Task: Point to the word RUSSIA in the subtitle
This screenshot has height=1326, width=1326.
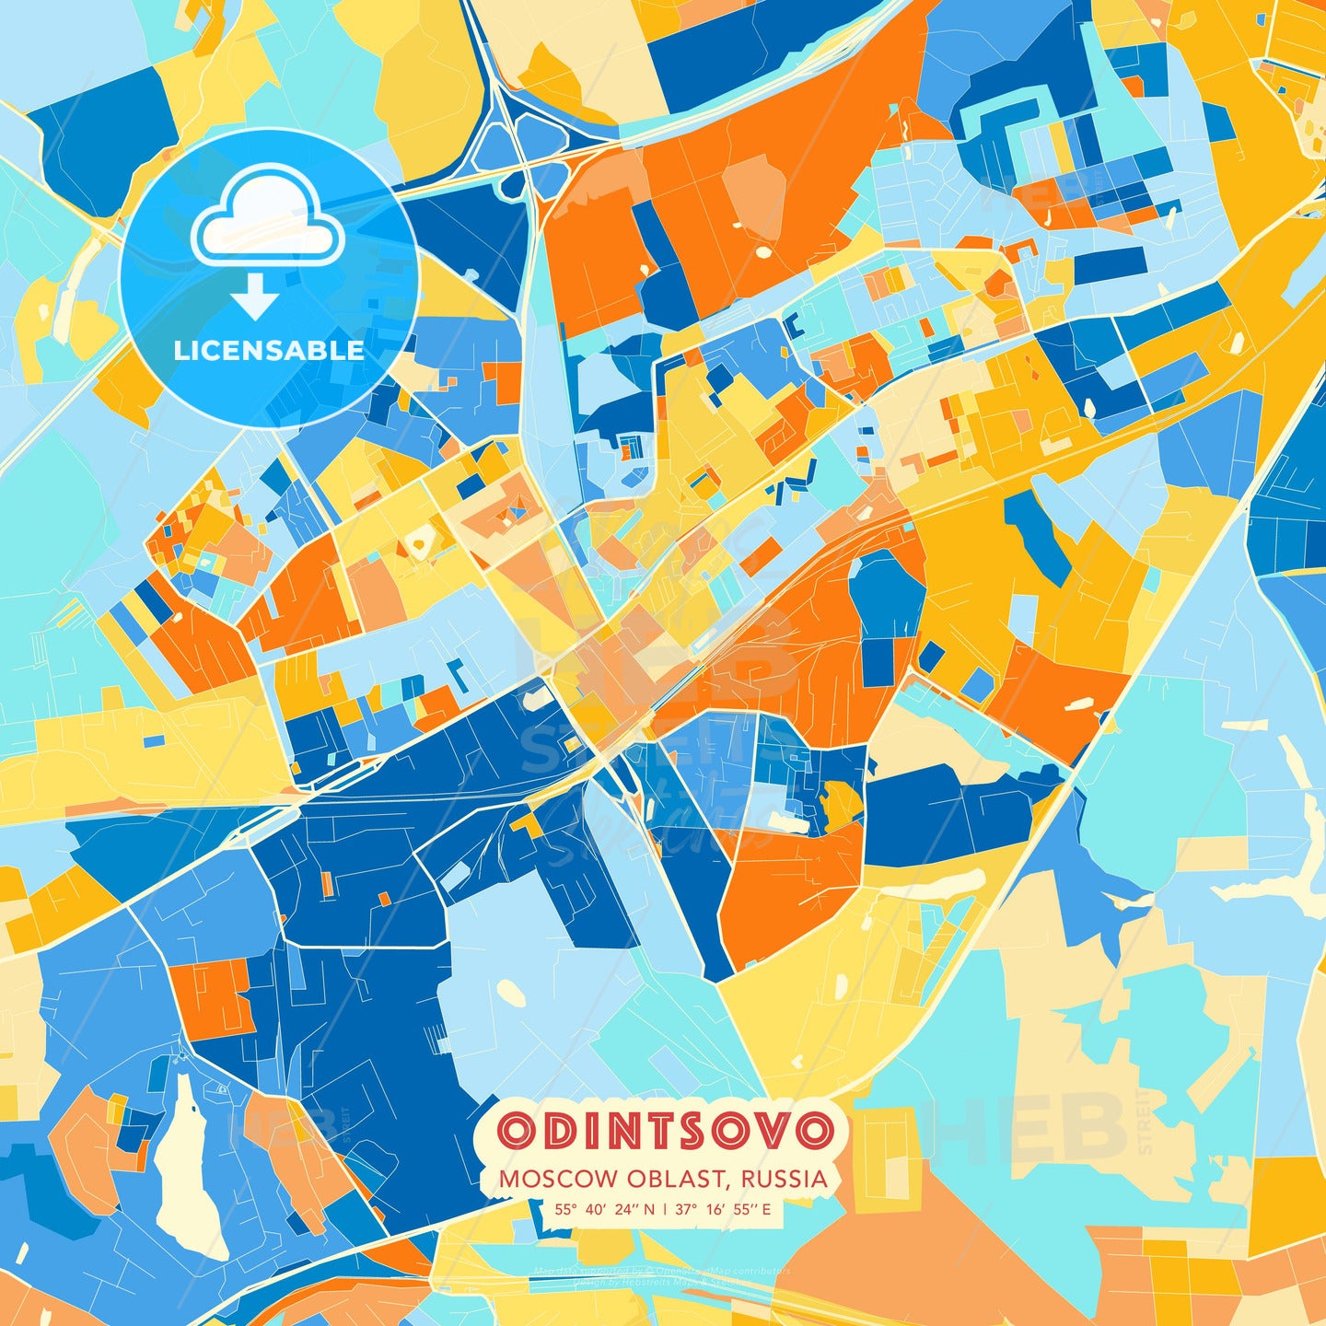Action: tap(782, 1180)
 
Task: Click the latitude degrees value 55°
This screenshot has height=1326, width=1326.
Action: tap(565, 1209)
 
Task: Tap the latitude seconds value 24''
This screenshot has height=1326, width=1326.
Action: tap(632, 1209)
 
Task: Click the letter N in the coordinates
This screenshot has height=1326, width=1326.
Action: tap(650, 1209)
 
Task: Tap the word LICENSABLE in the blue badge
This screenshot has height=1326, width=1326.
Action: tap(269, 351)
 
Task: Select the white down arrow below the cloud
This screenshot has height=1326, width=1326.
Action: tap(255, 297)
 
